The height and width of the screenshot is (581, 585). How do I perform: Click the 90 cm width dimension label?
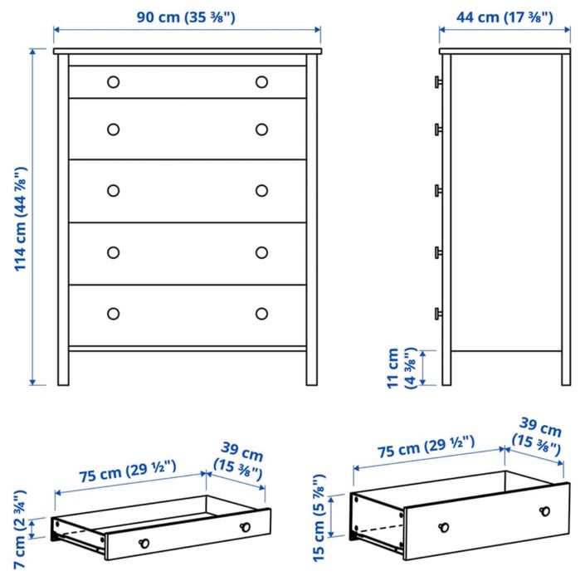click(x=187, y=15)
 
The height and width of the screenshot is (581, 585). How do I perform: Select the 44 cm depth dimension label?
click(x=505, y=15)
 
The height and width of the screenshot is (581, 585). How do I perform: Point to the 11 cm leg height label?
click(x=400, y=368)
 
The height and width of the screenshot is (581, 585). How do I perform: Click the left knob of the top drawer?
click(x=114, y=81)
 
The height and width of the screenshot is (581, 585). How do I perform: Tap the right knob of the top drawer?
click(x=261, y=81)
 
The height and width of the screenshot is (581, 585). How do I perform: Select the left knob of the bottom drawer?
click(x=114, y=314)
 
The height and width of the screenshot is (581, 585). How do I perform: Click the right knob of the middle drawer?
click(x=261, y=190)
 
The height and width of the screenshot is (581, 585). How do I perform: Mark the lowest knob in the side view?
click(x=436, y=313)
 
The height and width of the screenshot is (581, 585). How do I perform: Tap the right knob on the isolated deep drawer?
click(x=544, y=511)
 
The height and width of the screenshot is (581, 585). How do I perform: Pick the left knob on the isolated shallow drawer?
click(x=143, y=542)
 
